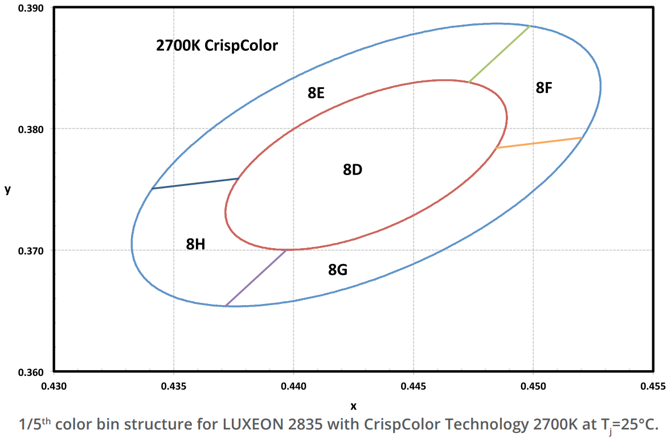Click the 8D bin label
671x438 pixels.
click(353, 169)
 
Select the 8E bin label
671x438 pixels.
click(316, 93)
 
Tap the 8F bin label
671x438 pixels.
click(544, 88)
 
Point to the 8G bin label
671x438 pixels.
click(338, 270)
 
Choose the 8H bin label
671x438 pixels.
click(195, 244)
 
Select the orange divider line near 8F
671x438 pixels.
click(539, 143)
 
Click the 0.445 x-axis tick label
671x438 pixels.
click(414, 386)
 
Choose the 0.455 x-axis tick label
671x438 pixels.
click(653, 386)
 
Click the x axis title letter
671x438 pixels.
click(353, 406)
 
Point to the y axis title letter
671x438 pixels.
click(8, 190)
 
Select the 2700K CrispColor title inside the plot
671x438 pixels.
click(217, 45)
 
